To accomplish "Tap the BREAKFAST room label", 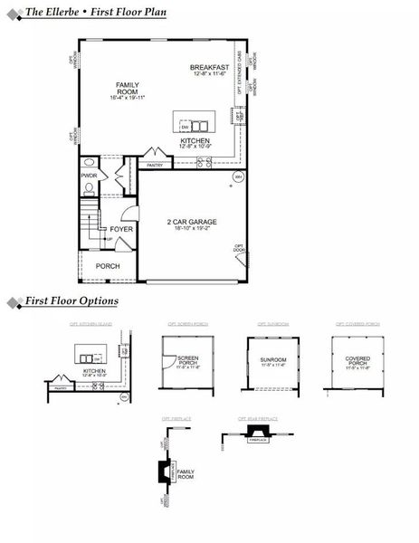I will pyautogui.click(x=208, y=68).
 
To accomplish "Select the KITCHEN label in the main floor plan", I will pyautogui.click(x=195, y=141).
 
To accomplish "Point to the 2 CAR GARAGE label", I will pyautogui.click(x=192, y=222).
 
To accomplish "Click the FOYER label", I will pyautogui.click(x=121, y=230).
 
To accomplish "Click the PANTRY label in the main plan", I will pyautogui.click(x=155, y=166).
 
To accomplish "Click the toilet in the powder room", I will pyautogui.click(x=89, y=190).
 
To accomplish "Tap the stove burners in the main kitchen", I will pyautogui.click(x=205, y=163).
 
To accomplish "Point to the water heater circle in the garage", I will pyautogui.click(x=237, y=176).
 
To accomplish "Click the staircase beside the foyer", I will pyautogui.click(x=89, y=225).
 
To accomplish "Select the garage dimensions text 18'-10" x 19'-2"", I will pyautogui.click(x=192, y=229).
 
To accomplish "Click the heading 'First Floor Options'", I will pyautogui.click(x=71, y=300).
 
